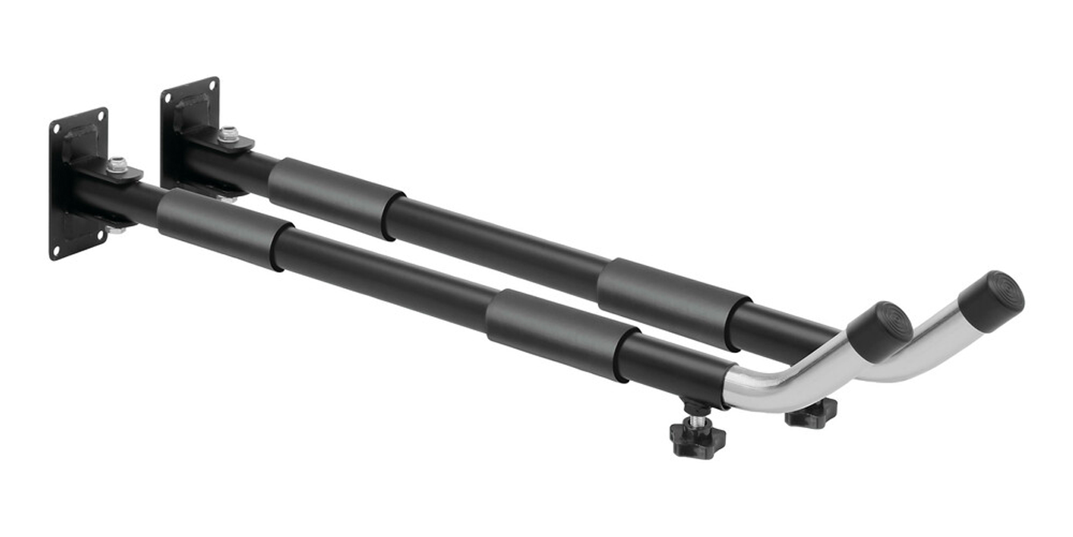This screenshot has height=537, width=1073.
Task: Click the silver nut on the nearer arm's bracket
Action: click(x=118, y=165)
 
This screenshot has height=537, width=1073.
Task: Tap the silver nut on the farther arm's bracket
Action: click(x=229, y=134)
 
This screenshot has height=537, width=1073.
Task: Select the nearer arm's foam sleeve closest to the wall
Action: click(x=224, y=230)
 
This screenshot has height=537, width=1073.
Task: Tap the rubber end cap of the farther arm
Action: click(x=992, y=299)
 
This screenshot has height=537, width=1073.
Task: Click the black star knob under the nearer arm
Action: click(x=697, y=439)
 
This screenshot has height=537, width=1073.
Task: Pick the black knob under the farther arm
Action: click(x=811, y=414)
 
